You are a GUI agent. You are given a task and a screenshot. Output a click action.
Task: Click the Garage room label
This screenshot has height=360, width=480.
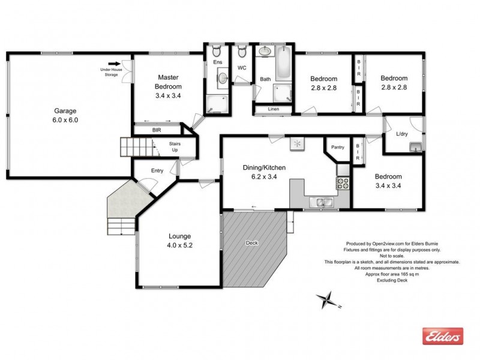66,111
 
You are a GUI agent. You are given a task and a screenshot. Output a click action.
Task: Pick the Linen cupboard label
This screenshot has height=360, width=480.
273,109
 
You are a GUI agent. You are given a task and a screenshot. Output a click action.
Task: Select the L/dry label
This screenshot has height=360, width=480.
402,134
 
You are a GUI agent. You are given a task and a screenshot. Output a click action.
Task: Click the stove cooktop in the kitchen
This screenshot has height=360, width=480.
343,183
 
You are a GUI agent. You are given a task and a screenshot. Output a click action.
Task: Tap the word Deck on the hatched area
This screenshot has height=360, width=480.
253,243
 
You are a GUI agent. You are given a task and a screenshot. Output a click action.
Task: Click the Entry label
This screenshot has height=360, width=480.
157,171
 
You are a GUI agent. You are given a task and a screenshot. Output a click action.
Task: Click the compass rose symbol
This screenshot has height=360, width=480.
327,298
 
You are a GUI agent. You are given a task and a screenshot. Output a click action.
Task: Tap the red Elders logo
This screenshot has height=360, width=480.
444,336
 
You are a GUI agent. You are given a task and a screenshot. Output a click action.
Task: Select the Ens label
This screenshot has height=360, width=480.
217,62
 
